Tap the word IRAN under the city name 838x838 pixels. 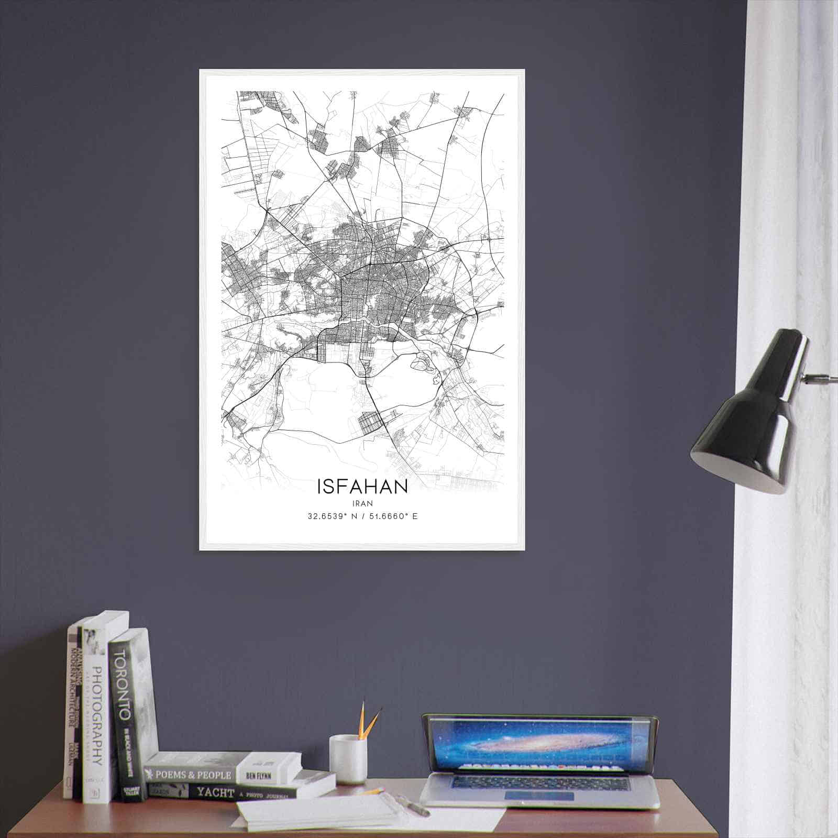(362, 503)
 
